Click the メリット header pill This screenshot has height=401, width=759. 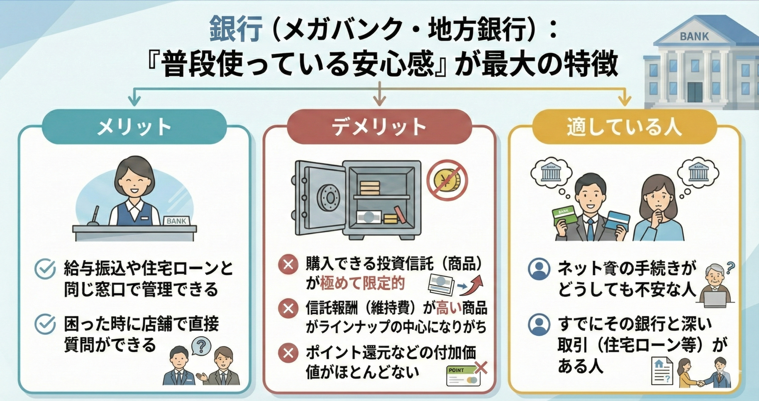(134, 127)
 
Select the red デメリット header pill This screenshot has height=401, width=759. (379, 127)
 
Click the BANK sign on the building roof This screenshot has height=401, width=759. (694, 36)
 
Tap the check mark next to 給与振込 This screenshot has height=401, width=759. (45, 268)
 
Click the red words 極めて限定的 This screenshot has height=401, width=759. (362, 284)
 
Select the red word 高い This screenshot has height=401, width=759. (449, 309)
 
